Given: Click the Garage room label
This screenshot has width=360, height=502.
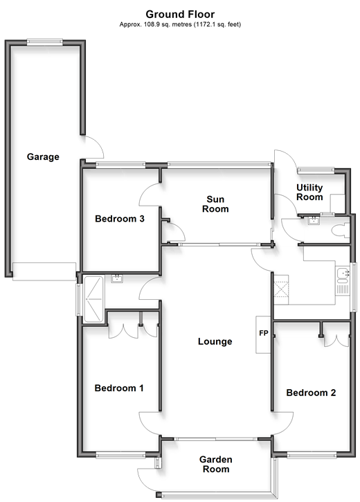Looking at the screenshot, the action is coord(43,157).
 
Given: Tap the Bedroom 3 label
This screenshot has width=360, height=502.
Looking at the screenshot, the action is coord(120,219).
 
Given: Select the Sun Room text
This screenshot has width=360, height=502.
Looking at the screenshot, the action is coord(215,204).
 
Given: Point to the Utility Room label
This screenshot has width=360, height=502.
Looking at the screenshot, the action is coord(309,192).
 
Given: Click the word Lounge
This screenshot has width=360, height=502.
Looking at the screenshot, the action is coord(215,341).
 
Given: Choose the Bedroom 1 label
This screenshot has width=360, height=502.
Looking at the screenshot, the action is coord(119,388).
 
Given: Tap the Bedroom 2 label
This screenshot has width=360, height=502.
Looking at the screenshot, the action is coord(311,393).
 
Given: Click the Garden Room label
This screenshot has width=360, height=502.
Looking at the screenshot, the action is coord(216,464).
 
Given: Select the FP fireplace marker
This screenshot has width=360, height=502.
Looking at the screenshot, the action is coord(264,333).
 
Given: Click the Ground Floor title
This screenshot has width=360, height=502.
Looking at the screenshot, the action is coord(180,14).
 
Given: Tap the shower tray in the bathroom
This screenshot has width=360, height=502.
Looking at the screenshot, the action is coord(93,299).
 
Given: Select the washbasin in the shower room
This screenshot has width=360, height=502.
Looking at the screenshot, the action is coord(117,278).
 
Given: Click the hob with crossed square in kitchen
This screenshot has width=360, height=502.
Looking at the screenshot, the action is coord(280,289).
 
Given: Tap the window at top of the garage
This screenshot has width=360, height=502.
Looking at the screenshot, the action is coord(45,42).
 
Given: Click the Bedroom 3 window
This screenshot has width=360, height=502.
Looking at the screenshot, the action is coord(120,165).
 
